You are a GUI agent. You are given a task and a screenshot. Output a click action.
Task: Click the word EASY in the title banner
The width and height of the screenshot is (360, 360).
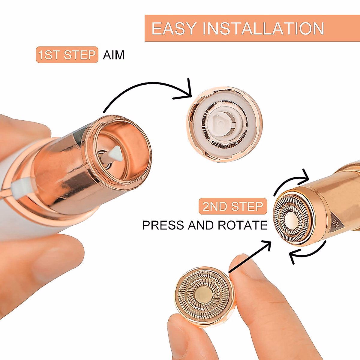(x=174, y=28)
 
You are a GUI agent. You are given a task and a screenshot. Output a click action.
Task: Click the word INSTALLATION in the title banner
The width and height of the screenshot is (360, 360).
(x=263, y=28)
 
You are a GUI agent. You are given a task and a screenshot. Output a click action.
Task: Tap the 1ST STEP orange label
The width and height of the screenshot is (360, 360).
(x=67, y=55)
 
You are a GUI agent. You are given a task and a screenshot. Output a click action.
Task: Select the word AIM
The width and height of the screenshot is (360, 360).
(x=113, y=55)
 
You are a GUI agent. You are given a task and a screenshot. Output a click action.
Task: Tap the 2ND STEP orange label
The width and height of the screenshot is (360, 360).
(x=233, y=206)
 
